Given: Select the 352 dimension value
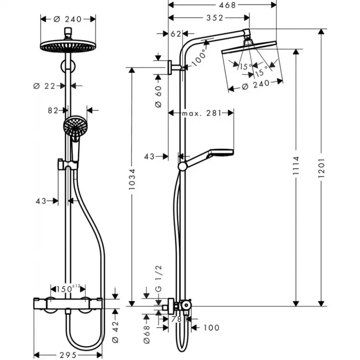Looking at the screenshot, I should [215, 17].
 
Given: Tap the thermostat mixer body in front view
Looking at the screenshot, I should [68, 304].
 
